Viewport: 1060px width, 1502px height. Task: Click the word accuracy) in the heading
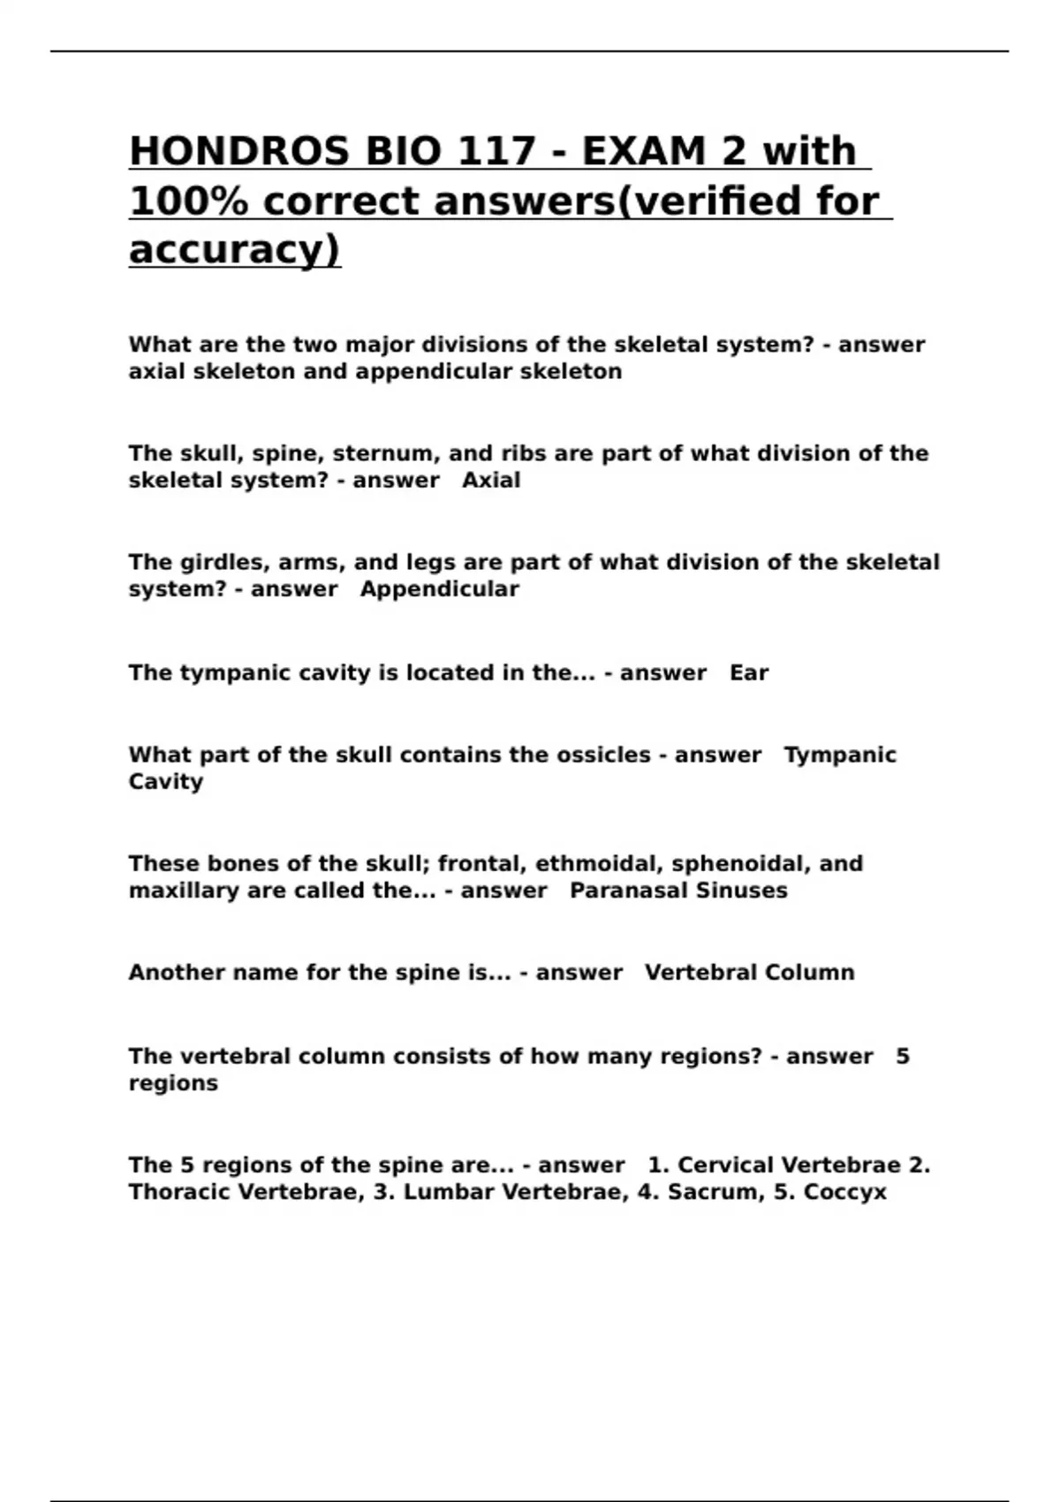(x=234, y=250)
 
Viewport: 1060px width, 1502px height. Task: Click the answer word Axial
(x=491, y=481)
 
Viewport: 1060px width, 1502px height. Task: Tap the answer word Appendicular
(x=439, y=589)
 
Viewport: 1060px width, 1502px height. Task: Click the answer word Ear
(x=749, y=673)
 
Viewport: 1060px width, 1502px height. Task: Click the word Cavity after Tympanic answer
(x=166, y=782)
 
